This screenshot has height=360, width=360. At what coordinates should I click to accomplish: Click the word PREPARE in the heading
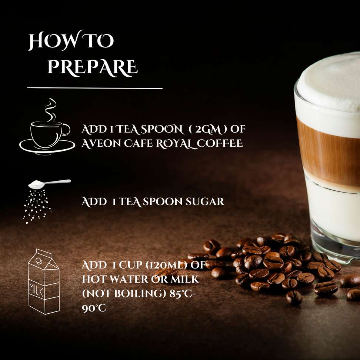tap(93, 67)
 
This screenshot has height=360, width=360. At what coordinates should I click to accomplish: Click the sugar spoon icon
tap(49, 184)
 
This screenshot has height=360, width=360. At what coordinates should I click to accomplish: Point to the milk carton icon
tap(44, 281)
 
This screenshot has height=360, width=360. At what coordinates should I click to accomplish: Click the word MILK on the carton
tap(36, 290)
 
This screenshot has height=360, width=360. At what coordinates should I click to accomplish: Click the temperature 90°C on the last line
tap(94, 308)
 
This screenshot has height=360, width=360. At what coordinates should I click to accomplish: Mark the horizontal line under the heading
tap(95, 88)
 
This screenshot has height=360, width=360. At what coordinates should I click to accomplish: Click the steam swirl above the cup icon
tap(50, 110)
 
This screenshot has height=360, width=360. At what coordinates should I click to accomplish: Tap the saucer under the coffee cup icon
tap(47, 146)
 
